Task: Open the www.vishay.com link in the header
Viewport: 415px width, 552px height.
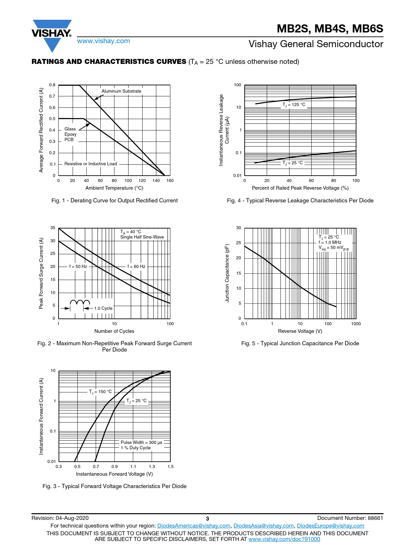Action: pyautogui.click(x=103, y=41)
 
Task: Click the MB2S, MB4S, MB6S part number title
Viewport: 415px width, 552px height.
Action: pyautogui.click(x=330, y=29)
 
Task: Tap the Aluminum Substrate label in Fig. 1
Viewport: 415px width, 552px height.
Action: pyautogui.click(x=121, y=91)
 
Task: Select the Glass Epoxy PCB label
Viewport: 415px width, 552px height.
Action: pyautogui.click(x=70, y=134)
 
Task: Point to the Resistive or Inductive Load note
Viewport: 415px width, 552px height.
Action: pyautogui.click(x=90, y=164)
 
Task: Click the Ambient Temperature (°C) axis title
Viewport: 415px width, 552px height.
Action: pyautogui.click(x=114, y=188)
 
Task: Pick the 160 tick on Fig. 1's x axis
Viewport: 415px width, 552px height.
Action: pyautogui.click(x=170, y=181)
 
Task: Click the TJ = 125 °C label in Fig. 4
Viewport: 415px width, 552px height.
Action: pyautogui.click(x=294, y=105)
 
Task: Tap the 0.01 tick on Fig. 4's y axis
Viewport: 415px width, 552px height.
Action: pyautogui.click(x=237, y=176)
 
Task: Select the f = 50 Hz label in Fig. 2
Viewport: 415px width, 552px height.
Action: pyautogui.click(x=78, y=267)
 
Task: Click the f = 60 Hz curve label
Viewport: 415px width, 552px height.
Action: pyautogui.click(x=136, y=267)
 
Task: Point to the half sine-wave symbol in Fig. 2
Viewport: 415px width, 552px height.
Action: pyautogui.click(x=80, y=302)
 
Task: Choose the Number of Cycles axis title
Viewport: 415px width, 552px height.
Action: pyautogui.click(x=114, y=331)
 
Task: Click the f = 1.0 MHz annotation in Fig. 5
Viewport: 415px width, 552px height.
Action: pyautogui.click(x=330, y=243)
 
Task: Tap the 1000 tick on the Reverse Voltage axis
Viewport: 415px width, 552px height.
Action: pyautogui.click(x=356, y=324)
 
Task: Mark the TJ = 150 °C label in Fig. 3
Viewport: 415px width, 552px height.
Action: pyautogui.click(x=100, y=392)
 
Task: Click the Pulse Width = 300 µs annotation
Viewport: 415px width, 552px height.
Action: pyautogui.click(x=141, y=443)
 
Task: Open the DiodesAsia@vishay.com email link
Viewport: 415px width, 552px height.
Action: pyautogui.click(x=263, y=526)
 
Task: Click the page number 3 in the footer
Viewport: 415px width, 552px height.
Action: pyautogui.click(x=207, y=519)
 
